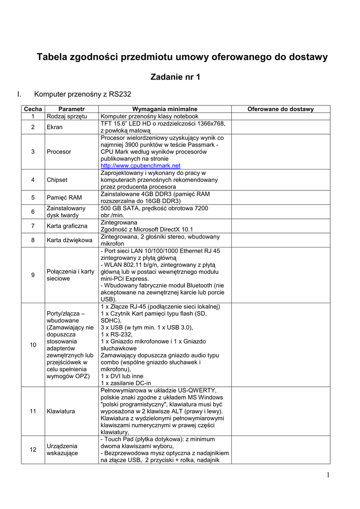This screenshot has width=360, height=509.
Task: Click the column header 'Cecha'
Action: pyautogui.click(x=33, y=109)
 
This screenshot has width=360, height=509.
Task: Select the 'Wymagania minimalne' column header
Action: pyautogui.click(x=165, y=109)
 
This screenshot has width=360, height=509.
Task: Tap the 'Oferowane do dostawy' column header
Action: pyautogui.click(x=280, y=109)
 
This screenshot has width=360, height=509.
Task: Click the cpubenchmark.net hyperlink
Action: pyautogui.click(x=140, y=166)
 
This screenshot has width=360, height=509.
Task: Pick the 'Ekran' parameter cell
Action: pyautogui.click(x=54, y=127)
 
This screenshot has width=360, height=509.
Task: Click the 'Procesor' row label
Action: pyautogui.click(x=59, y=152)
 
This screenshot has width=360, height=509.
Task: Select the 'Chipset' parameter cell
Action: pyautogui.click(x=57, y=180)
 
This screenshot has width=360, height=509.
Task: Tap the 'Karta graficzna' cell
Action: pyautogui.click(x=67, y=226)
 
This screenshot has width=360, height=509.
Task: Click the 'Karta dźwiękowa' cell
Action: pyautogui.click(x=69, y=240)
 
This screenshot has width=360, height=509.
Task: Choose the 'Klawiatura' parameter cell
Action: pyautogui.click(x=61, y=412)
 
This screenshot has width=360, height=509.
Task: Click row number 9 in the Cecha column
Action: pyautogui.click(x=33, y=275)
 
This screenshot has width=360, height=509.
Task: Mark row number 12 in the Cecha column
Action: pyautogui.click(x=33, y=450)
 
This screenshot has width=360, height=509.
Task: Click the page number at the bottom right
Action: pyautogui.click(x=328, y=475)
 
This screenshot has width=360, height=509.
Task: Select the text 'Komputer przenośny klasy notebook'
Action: pyautogui.click(x=149, y=116)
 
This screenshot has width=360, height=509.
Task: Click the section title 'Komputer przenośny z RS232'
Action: pyautogui.click(x=82, y=94)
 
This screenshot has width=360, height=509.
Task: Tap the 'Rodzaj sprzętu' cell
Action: pyautogui.click(x=67, y=116)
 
